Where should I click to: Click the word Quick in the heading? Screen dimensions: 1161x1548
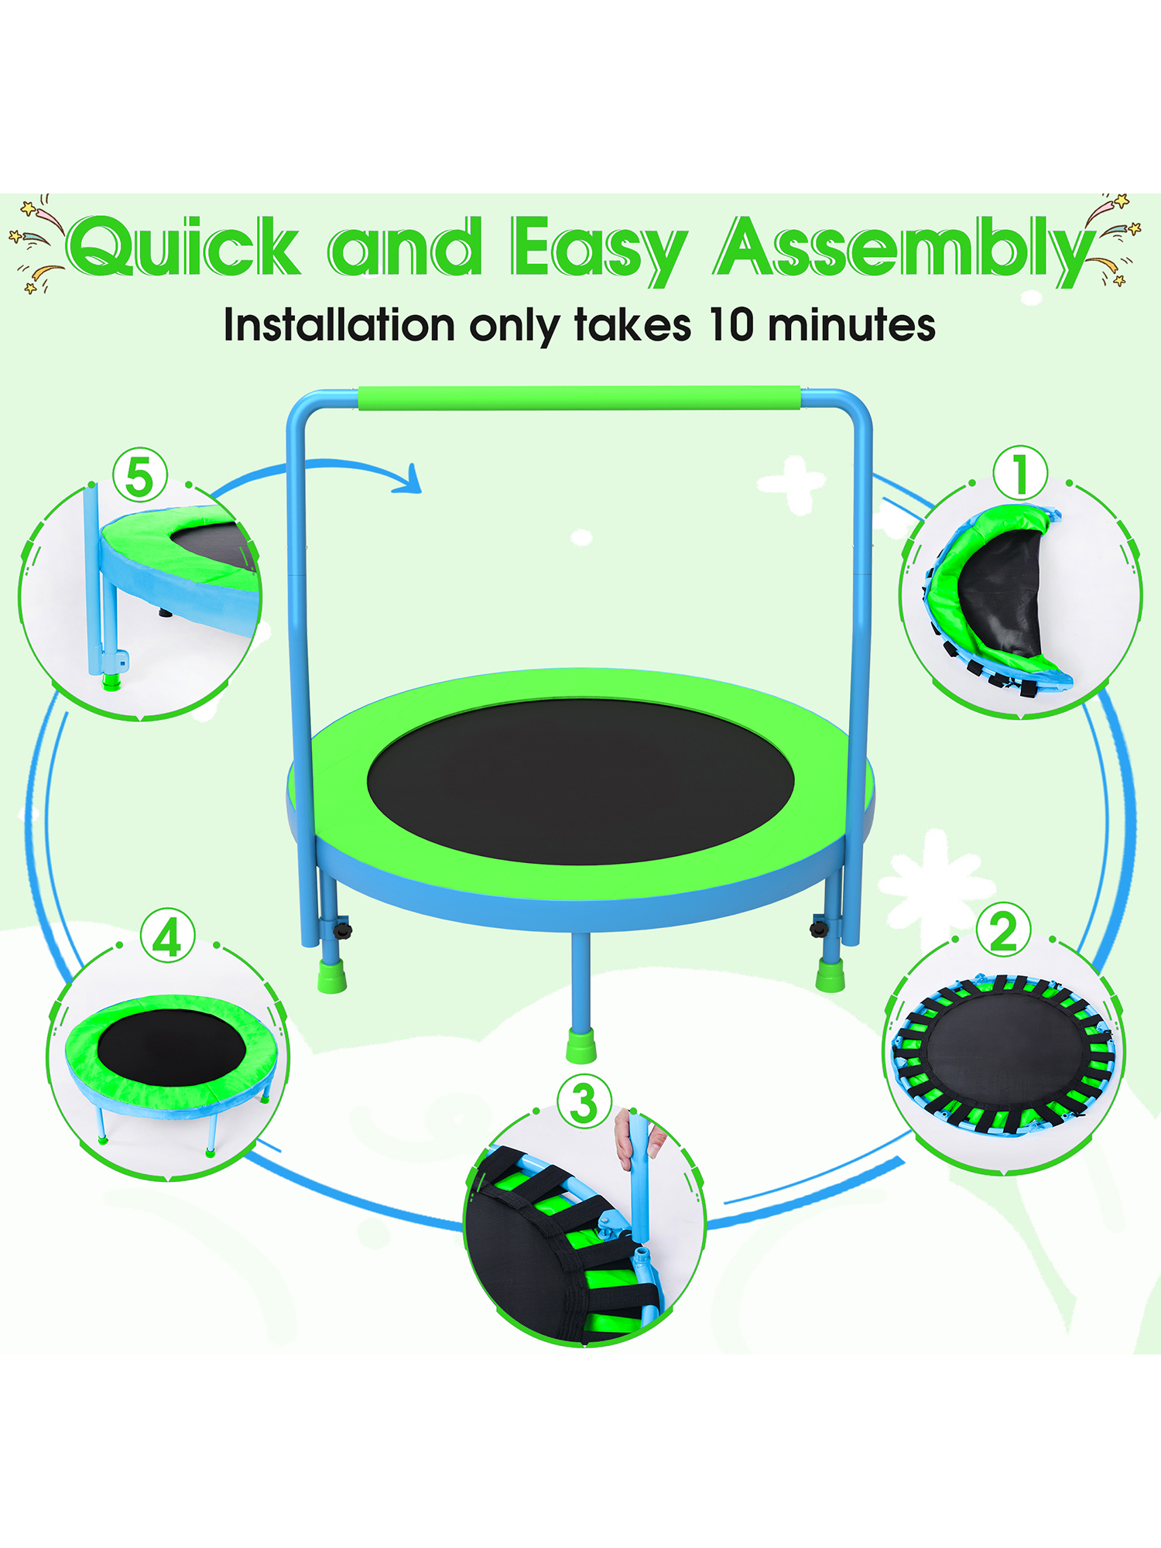tap(184, 246)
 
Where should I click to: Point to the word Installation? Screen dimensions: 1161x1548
tap(339, 324)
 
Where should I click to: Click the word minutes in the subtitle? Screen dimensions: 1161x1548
tap(851, 324)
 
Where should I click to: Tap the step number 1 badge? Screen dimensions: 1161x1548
tap(1020, 473)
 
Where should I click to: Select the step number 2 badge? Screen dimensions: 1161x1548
tap(1003, 930)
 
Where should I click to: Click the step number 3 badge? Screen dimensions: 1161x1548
tap(584, 1102)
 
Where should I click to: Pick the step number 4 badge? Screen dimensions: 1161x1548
tap(168, 936)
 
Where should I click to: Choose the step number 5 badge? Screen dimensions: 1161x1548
tap(140, 475)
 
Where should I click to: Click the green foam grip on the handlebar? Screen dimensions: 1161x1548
tap(579, 398)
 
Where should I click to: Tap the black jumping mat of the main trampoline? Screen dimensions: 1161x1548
tap(580, 782)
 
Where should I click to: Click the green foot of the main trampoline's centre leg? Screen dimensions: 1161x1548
tap(581, 1045)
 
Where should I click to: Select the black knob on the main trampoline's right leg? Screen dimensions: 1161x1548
tap(820, 926)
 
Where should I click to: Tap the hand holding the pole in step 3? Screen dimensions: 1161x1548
tap(636, 1136)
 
